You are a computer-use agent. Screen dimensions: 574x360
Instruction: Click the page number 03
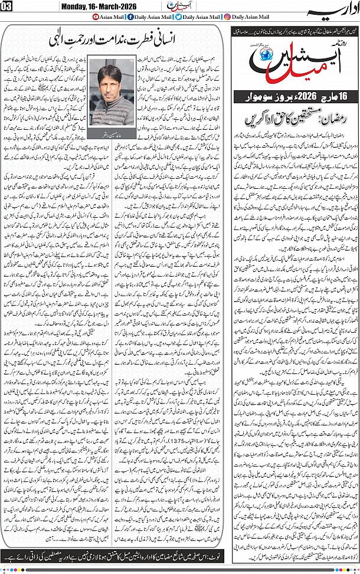[x=8, y=7]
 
